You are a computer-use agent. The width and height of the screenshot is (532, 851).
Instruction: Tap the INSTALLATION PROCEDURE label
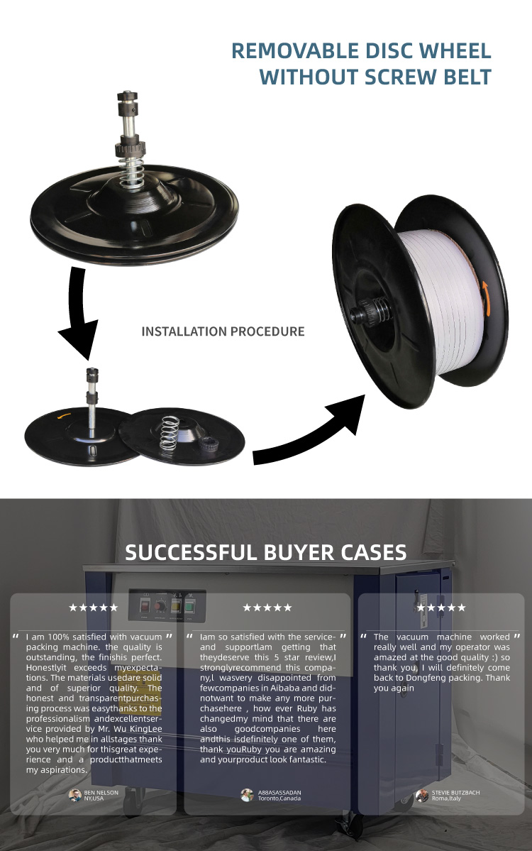click(x=223, y=331)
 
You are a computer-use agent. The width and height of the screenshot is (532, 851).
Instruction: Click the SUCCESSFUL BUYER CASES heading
click(x=266, y=552)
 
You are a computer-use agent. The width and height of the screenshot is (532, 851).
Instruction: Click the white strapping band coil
click(x=436, y=301)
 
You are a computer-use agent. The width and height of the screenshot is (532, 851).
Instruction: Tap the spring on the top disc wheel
click(x=132, y=172)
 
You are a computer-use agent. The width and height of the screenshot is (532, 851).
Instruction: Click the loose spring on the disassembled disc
click(x=170, y=432)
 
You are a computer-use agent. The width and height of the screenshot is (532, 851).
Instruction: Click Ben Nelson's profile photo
click(x=75, y=795)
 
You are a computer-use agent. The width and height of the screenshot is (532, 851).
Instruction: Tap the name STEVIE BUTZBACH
click(x=455, y=792)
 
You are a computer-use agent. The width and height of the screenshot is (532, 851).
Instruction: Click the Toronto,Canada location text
click(x=279, y=798)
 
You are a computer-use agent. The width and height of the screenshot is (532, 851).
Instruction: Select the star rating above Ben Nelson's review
click(x=93, y=608)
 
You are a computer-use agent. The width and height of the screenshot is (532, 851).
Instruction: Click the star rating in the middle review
click(x=267, y=608)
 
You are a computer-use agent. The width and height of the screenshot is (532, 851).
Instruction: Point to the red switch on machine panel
click(x=145, y=605)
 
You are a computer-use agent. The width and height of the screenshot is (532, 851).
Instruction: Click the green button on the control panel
click(x=190, y=606)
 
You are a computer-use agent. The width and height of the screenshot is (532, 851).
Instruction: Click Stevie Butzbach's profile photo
click(x=422, y=795)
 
